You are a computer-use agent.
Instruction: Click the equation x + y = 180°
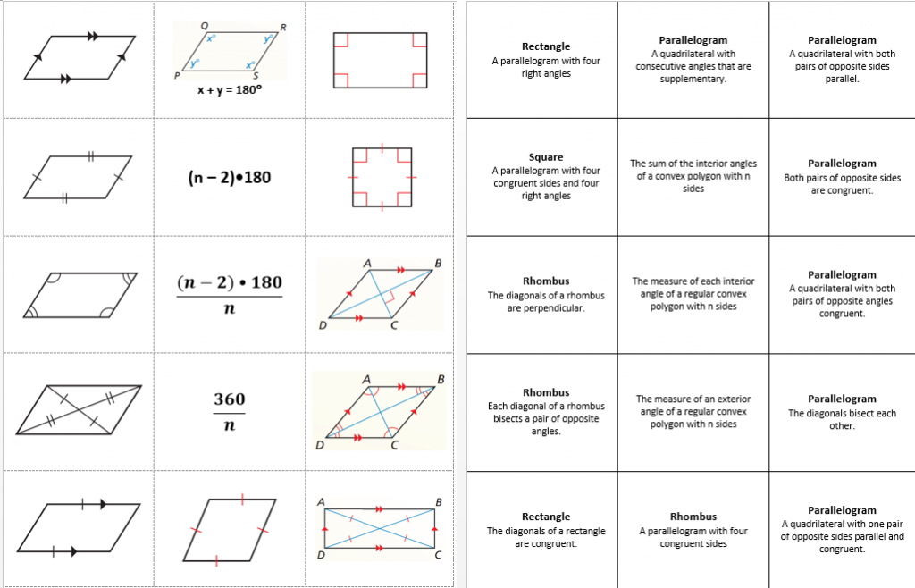coord(230,90)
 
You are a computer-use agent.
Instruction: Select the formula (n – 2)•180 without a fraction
coord(230,177)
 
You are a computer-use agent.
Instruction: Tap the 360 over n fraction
coord(230,412)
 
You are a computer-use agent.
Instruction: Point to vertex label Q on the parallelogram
coord(205,27)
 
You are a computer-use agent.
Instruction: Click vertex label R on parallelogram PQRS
coord(283,27)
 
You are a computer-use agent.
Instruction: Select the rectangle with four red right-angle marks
coord(380,60)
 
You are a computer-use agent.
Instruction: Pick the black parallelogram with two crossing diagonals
coord(79,411)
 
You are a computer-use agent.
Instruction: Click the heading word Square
coord(546,157)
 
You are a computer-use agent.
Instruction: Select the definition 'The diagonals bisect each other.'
coord(842,419)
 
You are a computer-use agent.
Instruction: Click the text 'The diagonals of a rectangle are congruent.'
coord(546,536)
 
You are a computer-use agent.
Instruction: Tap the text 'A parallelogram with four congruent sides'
coord(693,536)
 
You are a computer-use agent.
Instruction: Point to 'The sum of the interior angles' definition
coord(693,164)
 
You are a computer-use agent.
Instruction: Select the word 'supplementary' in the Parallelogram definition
coord(693,79)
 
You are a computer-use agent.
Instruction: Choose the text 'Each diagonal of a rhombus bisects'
coord(546,406)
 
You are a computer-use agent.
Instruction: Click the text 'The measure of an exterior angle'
coord(693,399)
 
